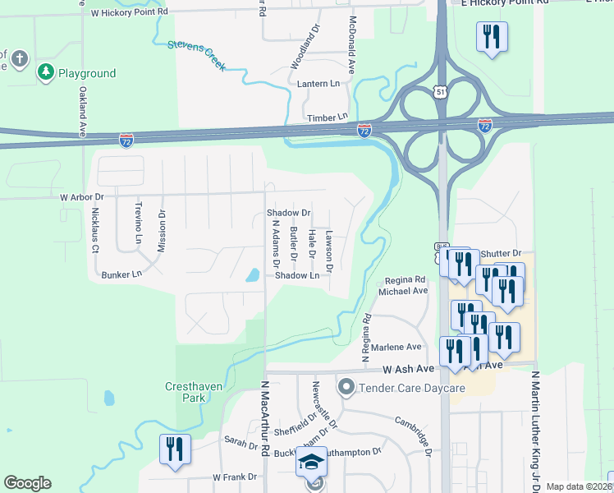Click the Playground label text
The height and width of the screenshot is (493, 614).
pyautogui.click(x=86, y=73)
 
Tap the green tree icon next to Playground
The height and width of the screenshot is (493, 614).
pyautogui.click(x=45, y=73)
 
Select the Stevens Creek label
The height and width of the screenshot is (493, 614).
pyautogui.click(x=197, y=55)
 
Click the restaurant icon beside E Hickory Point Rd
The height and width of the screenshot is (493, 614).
pyautogui.click(x=492, y=37)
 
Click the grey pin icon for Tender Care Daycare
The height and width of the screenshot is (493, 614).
pyautogui.click(x=346, y=385)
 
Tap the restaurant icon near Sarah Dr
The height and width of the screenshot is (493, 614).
pyautogui.click(x=175, y=449)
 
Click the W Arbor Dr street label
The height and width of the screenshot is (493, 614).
pyautogui.click(x=82, y=197)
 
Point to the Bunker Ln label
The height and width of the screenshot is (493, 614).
pyautogui.click(x=121, y=274)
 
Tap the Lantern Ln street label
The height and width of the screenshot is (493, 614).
pyautogui.click(x=323, y=84)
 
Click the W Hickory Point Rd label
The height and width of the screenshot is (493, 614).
pyautogui.click(x=129, y=13)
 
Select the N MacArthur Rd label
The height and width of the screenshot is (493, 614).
pyautogui.click(x=264, y=418)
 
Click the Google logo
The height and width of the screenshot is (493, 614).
pyautogui.click(x=27, y=483)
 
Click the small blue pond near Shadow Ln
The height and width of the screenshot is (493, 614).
pyautogui.click(x=253, y=275)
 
